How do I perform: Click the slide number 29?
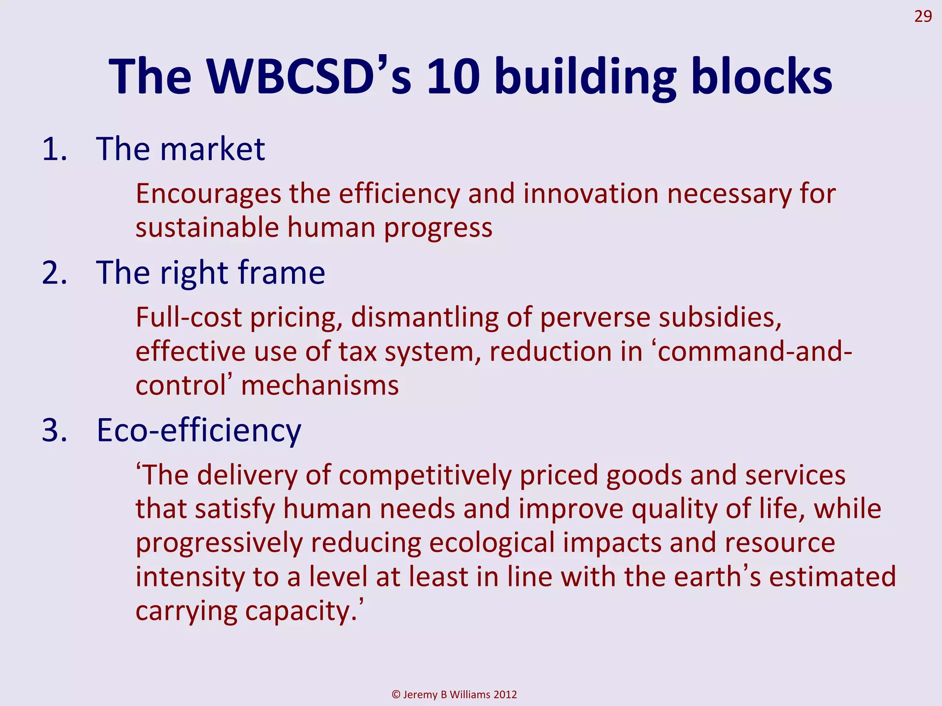tap(923, 17)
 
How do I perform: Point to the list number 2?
tap(54, 273)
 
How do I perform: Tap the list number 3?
tap(54, 431)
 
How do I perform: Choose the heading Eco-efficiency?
tap(199, 431)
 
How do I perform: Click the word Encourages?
tap(208, 194)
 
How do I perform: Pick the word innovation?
tap(591, 194)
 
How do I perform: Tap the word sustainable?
tap(207, 228)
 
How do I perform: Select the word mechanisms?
tap(320, 385)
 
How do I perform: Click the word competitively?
tap(425, 475)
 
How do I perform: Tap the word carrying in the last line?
tap(186, 611)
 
